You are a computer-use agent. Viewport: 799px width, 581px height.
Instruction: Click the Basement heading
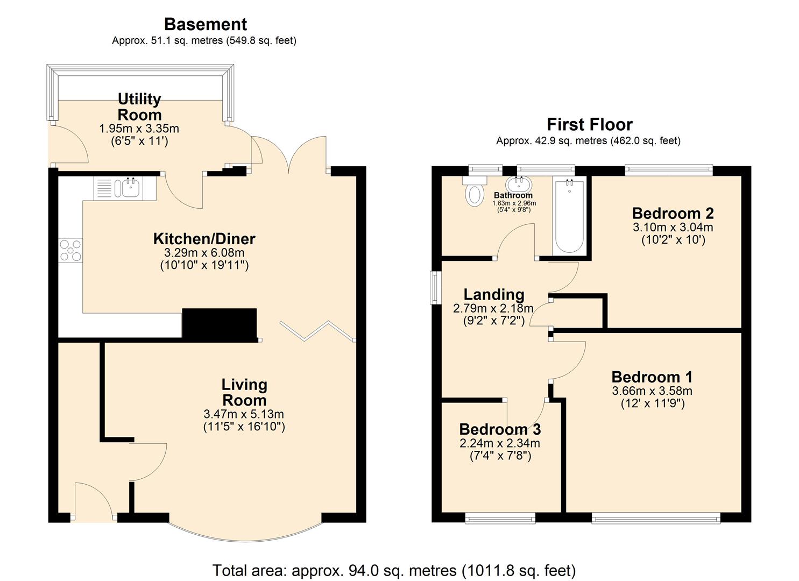pyautogui.click(x=205, y=24)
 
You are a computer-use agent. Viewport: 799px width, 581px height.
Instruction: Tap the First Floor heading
pyautogui.click(x=589, y=124)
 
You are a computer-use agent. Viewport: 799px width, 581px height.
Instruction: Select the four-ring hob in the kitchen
pyautogui.click(x=70, y=250)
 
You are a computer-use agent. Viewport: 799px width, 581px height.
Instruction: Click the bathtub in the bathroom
pyautogui.click(x=569, y=217)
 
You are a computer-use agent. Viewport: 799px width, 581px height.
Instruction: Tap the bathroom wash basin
pyautogui.click(x=519, y=185)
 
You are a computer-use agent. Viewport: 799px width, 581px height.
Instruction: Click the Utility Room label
pyautogui.click(x=139, y=107)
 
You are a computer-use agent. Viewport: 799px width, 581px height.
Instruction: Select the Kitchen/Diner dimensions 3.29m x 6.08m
pyautogui.click(x=204, y=252)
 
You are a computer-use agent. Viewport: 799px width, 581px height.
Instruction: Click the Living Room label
pyautogui.click(x=244, y=392)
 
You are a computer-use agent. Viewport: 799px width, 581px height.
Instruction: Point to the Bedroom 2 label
pyautogui.click(x=673, y=213)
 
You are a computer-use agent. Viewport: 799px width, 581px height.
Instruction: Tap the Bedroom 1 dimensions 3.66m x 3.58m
pyautogui.click(x=652, y=391)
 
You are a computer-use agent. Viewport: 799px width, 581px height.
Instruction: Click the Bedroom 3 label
pyautogui.click(x=499, y=429)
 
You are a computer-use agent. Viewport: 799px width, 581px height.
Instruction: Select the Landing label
pyautogui.click(x=493, y=294)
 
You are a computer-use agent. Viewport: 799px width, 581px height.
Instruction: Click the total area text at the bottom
pyautogui.click(x=394, y=570)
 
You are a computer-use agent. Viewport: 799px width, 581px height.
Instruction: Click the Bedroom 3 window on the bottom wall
pyautogui.click(x=500, y=519)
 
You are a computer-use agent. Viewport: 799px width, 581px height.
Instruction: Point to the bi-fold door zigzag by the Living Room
pyautogui.click(x=317, y=331)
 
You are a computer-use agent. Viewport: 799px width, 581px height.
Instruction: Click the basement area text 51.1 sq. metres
pyautogui.click(x=204, y=40)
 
